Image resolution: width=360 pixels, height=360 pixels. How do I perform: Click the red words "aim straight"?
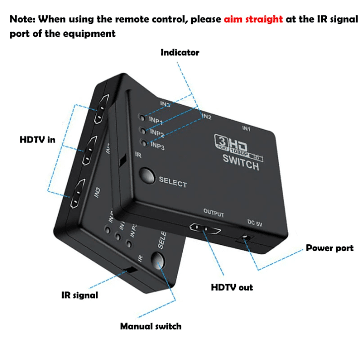tap(253, 19)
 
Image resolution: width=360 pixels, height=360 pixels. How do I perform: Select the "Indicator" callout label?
tap(180, 52)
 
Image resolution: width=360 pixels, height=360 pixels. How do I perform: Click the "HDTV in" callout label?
tap(37, 140)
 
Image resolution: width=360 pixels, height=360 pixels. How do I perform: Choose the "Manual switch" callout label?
tap(150, 326)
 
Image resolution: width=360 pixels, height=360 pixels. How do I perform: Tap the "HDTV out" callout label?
tap(232, 287)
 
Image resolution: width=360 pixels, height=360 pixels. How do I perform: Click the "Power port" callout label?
tap(329, 248)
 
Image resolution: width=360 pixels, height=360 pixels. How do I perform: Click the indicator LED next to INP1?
tap(143, 118)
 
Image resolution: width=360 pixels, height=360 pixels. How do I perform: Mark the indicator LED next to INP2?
tap(143, 131)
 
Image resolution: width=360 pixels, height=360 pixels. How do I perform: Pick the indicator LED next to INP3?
tap(144, 143)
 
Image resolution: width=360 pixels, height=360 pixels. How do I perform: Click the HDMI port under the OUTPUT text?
tap(205, 229)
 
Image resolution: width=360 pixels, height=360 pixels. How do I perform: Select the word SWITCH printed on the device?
tap(241, 163)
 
